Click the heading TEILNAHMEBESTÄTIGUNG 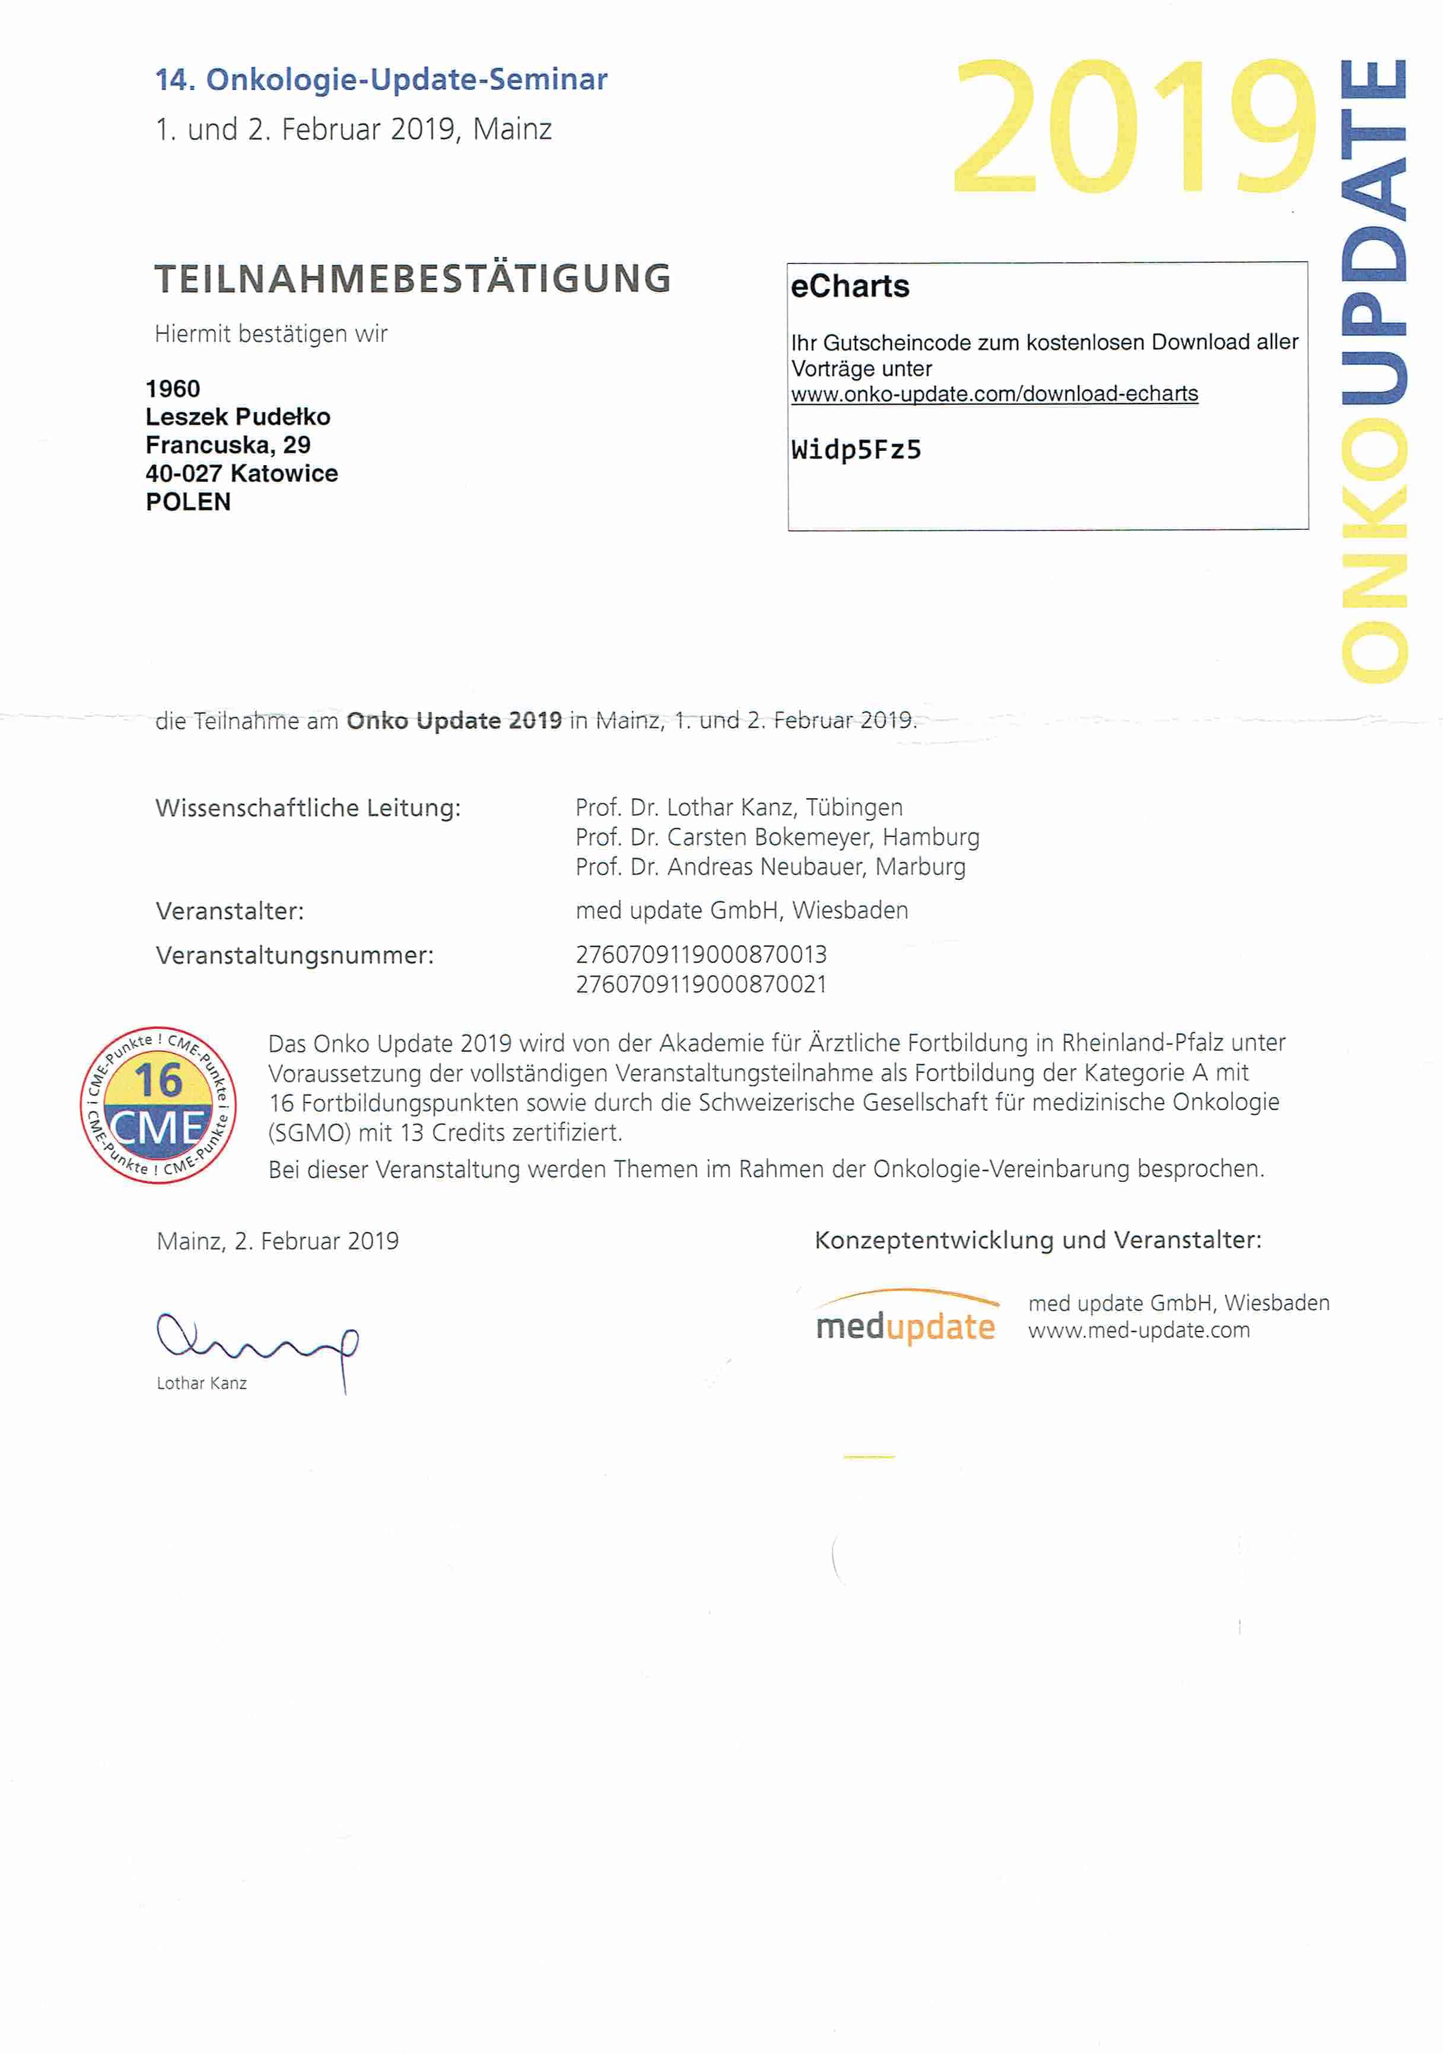pyautogui.click(x=412, y=279)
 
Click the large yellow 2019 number pyautogui.click(x=1134, y=128)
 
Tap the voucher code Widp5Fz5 pyautogui.click(x=856, y=450)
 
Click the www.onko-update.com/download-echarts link pyautogui.click(x=994, y=395)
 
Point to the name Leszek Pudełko pyautogui.click(x=238, y=417)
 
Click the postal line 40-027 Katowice pyautogui.click(x=241, y=474)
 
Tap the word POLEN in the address pyautogui.click(x=187, y=503)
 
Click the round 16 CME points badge pyautogui.click(x=158, y=1105)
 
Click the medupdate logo pyautogui.click(x=905, y=1320)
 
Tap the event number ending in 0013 pyautogui.click(x=701, y=955)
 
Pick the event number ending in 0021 pyautogui.click(x=701, y=984)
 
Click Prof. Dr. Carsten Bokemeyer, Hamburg pyautogui.click(x=777, y=837)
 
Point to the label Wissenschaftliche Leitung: pyautogui.click(x=307, y=808)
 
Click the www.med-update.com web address pyautogui.click(x=1138, y=1330)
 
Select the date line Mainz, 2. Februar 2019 pyautogui.click(x=277, y=1241)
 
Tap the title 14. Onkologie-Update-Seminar pyautogui.click(x=381, y=80)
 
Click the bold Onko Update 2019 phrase pyautogui.click(x=454, y=721)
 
